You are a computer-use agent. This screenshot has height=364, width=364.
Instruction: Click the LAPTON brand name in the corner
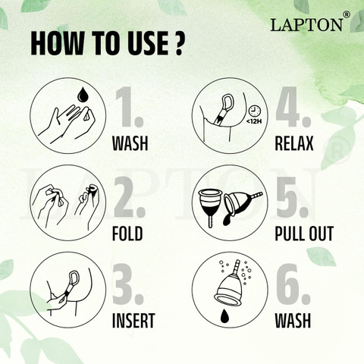click(x=307, y=25)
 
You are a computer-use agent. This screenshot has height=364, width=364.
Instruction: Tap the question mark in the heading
click(x=179, y=43)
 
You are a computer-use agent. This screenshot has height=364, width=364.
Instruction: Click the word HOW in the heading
click(x=57, y=43)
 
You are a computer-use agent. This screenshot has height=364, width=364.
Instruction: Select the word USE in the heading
click(x=148, y=43)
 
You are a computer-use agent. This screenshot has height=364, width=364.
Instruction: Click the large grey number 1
click(x=128, y=107)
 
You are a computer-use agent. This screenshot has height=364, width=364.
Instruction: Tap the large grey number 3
click(x=128, y=284)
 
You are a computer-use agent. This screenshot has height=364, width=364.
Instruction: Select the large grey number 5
click(x=291, y=197)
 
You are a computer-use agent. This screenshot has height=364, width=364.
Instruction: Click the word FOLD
click(x=127, y=234)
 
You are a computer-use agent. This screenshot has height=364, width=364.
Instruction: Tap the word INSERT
click(x=133, y=321)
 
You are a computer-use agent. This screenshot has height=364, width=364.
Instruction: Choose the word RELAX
click(x=294, y=143)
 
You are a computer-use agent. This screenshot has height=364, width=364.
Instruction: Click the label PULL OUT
click(x=304, y=234)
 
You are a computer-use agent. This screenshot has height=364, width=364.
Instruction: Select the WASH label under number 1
click(x=130, y=143)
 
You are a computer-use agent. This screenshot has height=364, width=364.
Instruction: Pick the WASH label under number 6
click(x=293, y=321)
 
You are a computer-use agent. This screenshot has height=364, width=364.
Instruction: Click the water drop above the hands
click(x=82, y=95)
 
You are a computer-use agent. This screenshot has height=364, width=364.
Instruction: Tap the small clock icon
click(x=254, y=111)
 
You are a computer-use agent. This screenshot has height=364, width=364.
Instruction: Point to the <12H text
click(x=254, y=121)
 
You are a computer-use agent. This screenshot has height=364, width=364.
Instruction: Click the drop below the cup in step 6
click(x=224, y=316)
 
